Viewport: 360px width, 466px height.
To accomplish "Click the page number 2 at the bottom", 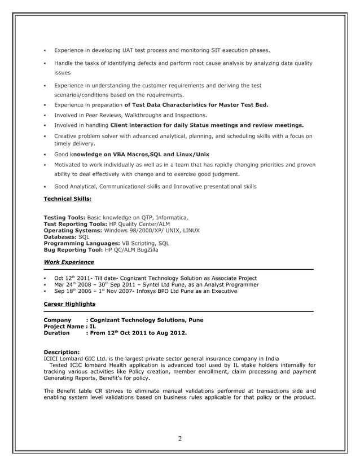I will [180, 439].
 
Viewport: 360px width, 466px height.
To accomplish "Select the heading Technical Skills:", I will [67, 199].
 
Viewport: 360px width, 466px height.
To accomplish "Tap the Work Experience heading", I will [69, 262].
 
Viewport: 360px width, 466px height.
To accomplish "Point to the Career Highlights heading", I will [69, 304].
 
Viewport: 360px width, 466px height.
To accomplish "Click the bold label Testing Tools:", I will [64, 217].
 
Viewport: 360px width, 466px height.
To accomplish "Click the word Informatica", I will [169, 217].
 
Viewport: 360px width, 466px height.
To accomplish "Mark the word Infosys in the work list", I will [142, 292].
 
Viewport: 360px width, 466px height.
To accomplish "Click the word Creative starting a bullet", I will [67, 136].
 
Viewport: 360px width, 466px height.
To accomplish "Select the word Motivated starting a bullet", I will [69, 165].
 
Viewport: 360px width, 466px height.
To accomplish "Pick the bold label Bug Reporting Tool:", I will [73, 249].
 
